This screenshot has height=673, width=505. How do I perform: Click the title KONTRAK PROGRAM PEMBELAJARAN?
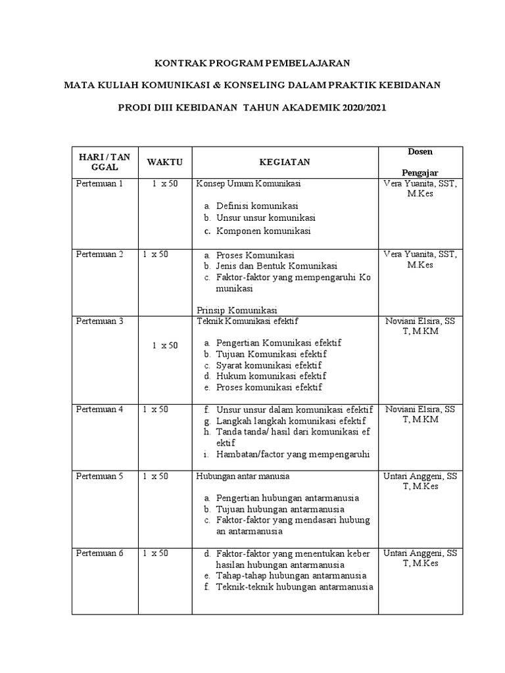click(x=252, y=63)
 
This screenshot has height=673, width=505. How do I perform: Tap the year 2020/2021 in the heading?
click(x=361, y=106)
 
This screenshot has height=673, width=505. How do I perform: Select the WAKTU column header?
click(x=164, y=162)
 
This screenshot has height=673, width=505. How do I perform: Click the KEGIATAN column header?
click(x=283, y=162)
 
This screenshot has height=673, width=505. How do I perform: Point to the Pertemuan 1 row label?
click(x=100, y=184)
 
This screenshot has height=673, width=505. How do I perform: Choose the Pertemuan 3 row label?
click(x=100, y=321)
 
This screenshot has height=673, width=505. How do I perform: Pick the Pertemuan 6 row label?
click(x=100, y=553)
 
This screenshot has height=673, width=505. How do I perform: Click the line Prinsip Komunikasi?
click(x=237, y=310)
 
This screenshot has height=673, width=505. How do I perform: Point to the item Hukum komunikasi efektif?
click(x=271, y=376)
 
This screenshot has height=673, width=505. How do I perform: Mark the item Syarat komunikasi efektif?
click(x=269, y=365)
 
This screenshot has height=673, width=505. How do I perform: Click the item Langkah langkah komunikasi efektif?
click(x=291, y=421)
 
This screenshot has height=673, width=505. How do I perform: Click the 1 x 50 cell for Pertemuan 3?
click(x=164, y=345)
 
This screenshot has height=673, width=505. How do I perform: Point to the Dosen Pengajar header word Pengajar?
click(x=420, y=172)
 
